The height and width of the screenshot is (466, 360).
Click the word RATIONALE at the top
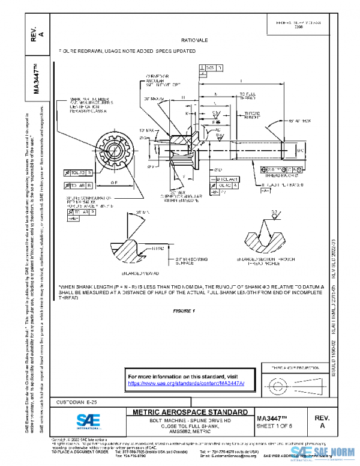tap(194, 40)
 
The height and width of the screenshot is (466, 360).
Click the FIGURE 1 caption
tap(184, 310)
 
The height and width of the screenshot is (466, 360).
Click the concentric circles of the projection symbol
tap(277, 383)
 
